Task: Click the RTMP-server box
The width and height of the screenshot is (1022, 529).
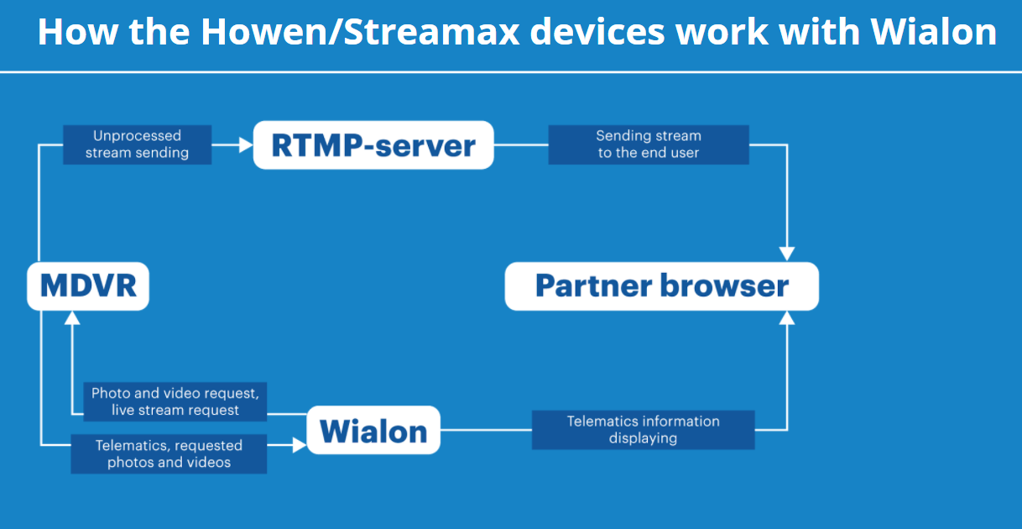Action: pyautogui.click(x=373, y=145)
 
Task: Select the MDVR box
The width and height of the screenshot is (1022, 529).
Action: pyautogui.click(x=88, y=286)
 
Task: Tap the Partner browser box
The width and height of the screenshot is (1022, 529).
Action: pyautogui.click(x=661, y=286)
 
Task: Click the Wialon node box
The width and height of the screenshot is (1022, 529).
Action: pyautogui.click(x=373, y=431)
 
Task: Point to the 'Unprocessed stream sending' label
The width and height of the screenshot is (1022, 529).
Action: pyautogui.click(x=138, y=144)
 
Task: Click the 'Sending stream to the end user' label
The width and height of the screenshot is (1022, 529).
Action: pyautogui.click(x=648, y=144)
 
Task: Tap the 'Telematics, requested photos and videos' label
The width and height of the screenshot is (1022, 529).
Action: pyautogui.click(x=169, y=453)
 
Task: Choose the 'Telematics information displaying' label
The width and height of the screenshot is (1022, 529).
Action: pyautogui.click(x=643, y=429)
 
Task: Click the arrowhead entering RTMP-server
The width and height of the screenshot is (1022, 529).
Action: pyautogui.click(x=246, y=145)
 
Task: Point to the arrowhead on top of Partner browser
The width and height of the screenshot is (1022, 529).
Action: pyautogui.click(x=786, y=254)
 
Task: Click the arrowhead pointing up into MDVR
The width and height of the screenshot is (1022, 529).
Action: pyautogui.click(x=72, y=317)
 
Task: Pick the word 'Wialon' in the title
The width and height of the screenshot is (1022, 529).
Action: pyautogui.click(x=933, y=33)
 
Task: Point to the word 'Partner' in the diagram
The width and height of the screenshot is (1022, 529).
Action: pyautogui.click(x=593, y=286)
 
